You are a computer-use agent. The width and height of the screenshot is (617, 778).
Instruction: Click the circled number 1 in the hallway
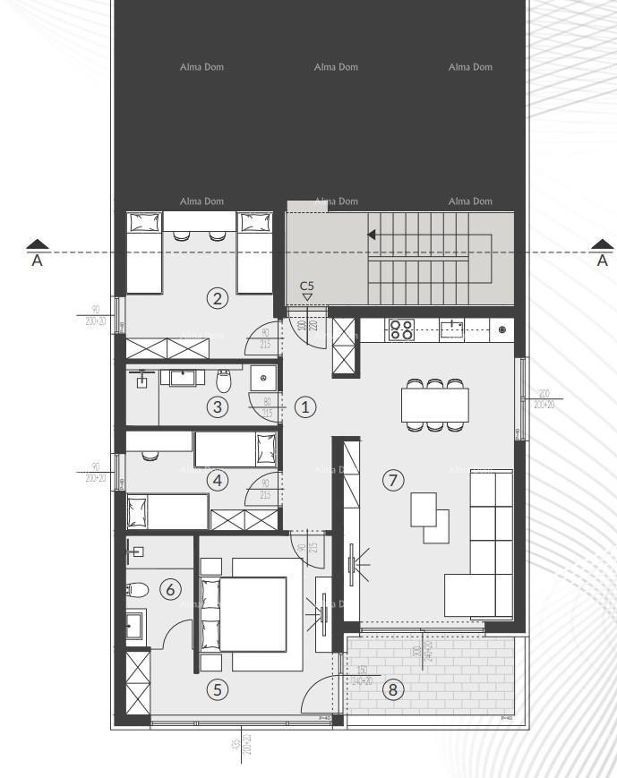[x=305, y=406]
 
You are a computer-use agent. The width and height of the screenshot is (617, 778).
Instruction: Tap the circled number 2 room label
[x=216, y=299]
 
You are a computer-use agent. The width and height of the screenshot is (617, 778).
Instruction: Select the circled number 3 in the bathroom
[x=216, y=406]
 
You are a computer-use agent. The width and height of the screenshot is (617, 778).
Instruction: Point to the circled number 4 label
[x=216, y=480]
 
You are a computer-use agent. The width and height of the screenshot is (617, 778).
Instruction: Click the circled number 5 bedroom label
[x=216, y=689]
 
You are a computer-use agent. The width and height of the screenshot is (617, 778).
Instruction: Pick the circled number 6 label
[x=169, y=589]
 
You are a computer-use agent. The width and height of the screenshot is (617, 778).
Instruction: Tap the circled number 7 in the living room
[x=392, y=480]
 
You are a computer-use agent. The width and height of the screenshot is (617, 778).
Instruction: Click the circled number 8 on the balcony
[x=392, y=689]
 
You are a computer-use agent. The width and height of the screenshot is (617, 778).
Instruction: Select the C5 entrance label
[x=307, y=286]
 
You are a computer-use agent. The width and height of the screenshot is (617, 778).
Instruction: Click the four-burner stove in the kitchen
[x=400, y=329]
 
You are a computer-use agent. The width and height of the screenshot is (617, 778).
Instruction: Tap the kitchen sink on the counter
[x=451, y=329]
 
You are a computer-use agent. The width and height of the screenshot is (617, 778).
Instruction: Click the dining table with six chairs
[x=435, y=405]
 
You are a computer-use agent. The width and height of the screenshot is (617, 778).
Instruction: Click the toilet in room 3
[x=225, y=381]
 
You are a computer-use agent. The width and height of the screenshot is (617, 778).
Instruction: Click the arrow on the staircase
[x=371, y=235]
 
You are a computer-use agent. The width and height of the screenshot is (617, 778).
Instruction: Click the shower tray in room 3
[x=263, y=378]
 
